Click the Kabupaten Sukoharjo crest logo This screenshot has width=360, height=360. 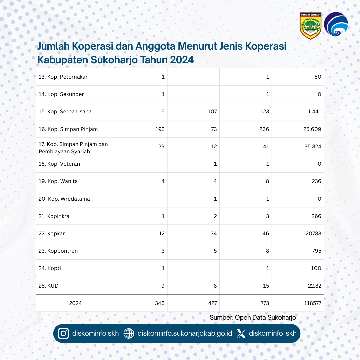click(310, 26)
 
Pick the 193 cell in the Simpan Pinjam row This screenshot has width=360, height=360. click(160, 129)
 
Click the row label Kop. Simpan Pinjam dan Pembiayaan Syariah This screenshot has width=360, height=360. click(73, 148)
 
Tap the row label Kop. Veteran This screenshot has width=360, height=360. click(59, 164)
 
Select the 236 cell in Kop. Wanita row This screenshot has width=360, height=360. click(316, 181)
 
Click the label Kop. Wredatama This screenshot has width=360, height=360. click(64, 199)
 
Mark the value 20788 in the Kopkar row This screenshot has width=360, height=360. click(313, 234)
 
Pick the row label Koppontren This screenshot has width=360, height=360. click(58, 251)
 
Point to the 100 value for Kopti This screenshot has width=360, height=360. click(316, 268)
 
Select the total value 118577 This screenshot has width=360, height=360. click(312, 303)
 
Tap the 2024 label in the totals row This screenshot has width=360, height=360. click(75, 303)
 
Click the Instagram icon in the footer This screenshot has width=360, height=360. click(63, 333)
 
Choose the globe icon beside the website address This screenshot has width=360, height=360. click(129, 333)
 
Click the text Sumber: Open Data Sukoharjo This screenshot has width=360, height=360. click(253, 318)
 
